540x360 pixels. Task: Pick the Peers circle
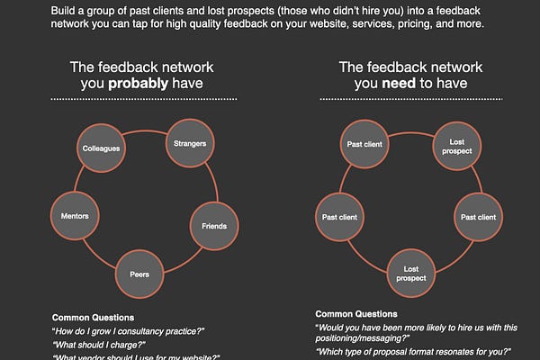(x=139, y=274)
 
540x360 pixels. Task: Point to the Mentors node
(x=74, y=216)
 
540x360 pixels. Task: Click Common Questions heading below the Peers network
(x=93, y=318)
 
